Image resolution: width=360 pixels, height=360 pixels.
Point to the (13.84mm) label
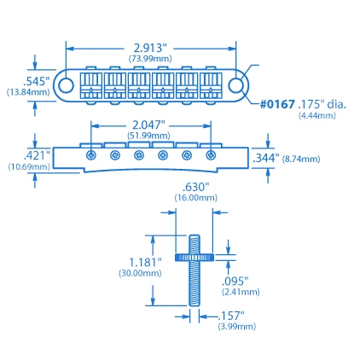click(x=28, y=91)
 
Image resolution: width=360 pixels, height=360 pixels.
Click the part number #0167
click(x=277, y=104)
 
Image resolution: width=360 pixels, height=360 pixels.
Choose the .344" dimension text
click(x=265, y=158)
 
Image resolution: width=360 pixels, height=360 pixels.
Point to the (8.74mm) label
click(x=302, y=159)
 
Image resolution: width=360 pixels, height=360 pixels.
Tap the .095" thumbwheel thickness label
click(x=235, y=280)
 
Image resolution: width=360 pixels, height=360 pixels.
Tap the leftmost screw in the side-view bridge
click(x=91, y=154)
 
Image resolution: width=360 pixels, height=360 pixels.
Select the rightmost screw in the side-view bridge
click(x=211, y=154)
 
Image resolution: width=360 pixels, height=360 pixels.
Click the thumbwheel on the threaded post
click(x=195, y=255)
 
